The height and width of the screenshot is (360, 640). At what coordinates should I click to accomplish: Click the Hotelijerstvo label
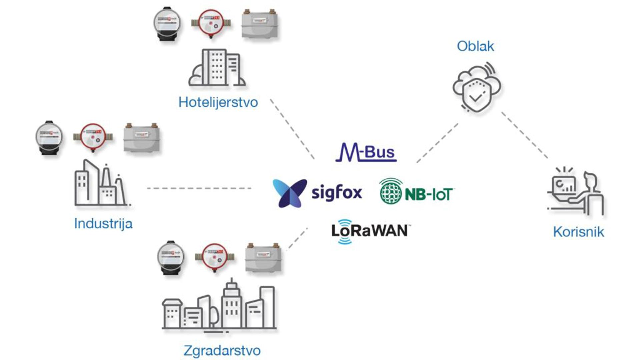tap(218, 102)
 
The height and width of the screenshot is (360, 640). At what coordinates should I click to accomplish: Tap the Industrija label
tap(103, 223)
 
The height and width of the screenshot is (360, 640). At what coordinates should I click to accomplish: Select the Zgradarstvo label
tap(222, 350)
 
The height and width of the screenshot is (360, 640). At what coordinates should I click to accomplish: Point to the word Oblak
tap(475, 46)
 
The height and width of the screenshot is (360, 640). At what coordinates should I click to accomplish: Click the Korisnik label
tap(578, 232)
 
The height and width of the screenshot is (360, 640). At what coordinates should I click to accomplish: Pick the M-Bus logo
tap(366, 153)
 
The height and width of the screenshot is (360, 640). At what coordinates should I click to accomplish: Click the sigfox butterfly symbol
tap(289, 193)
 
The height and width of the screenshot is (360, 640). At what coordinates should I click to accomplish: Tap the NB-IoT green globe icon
tap(391, 191)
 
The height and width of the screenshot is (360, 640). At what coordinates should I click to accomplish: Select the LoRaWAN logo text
tap(369, 231)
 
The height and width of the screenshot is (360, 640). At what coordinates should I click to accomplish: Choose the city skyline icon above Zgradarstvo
tap(219, 307)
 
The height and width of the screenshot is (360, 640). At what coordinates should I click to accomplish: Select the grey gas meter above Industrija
tap(142, 138)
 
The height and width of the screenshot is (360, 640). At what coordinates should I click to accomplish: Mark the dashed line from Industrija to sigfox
tap(199, 188)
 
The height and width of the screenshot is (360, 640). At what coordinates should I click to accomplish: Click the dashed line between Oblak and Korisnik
tap(525, 135)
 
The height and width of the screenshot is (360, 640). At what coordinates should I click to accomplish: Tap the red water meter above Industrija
tap(93, 137)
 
